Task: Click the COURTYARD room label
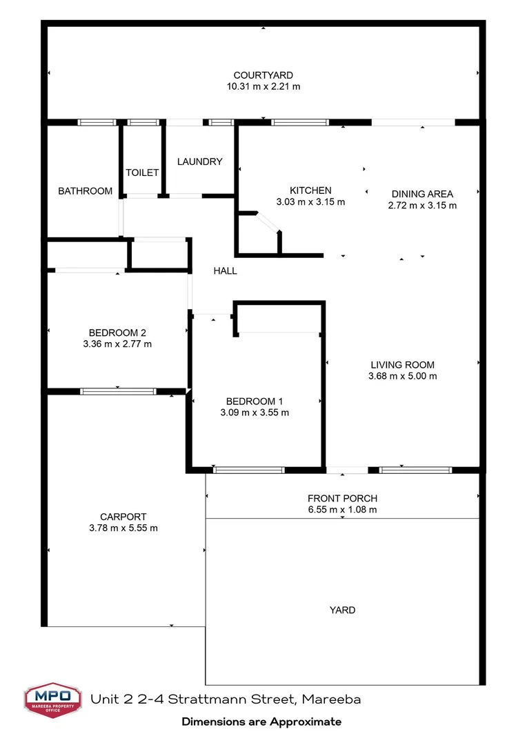pos(263,75)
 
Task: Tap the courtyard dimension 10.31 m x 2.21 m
pos(263,87)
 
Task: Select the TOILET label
pos(142,172)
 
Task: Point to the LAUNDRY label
pos(200,161)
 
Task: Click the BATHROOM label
pos(85,191)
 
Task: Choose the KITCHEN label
pos(310,190)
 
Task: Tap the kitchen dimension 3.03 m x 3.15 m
pos(310,202)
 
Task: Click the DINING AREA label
pos(422,194)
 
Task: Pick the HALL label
pos(225,271)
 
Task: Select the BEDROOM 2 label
pos(117,332)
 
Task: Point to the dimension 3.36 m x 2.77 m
pos(117,344)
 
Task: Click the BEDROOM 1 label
pos(255,401)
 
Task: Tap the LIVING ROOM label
pos(403,365)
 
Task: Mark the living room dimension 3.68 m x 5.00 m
pos(403,377)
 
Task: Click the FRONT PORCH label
pos(342,499)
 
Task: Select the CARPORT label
pos(123,517)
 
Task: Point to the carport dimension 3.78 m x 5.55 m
pos(123,528)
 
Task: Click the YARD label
pos(342,610)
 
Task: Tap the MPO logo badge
pos(52,701)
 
